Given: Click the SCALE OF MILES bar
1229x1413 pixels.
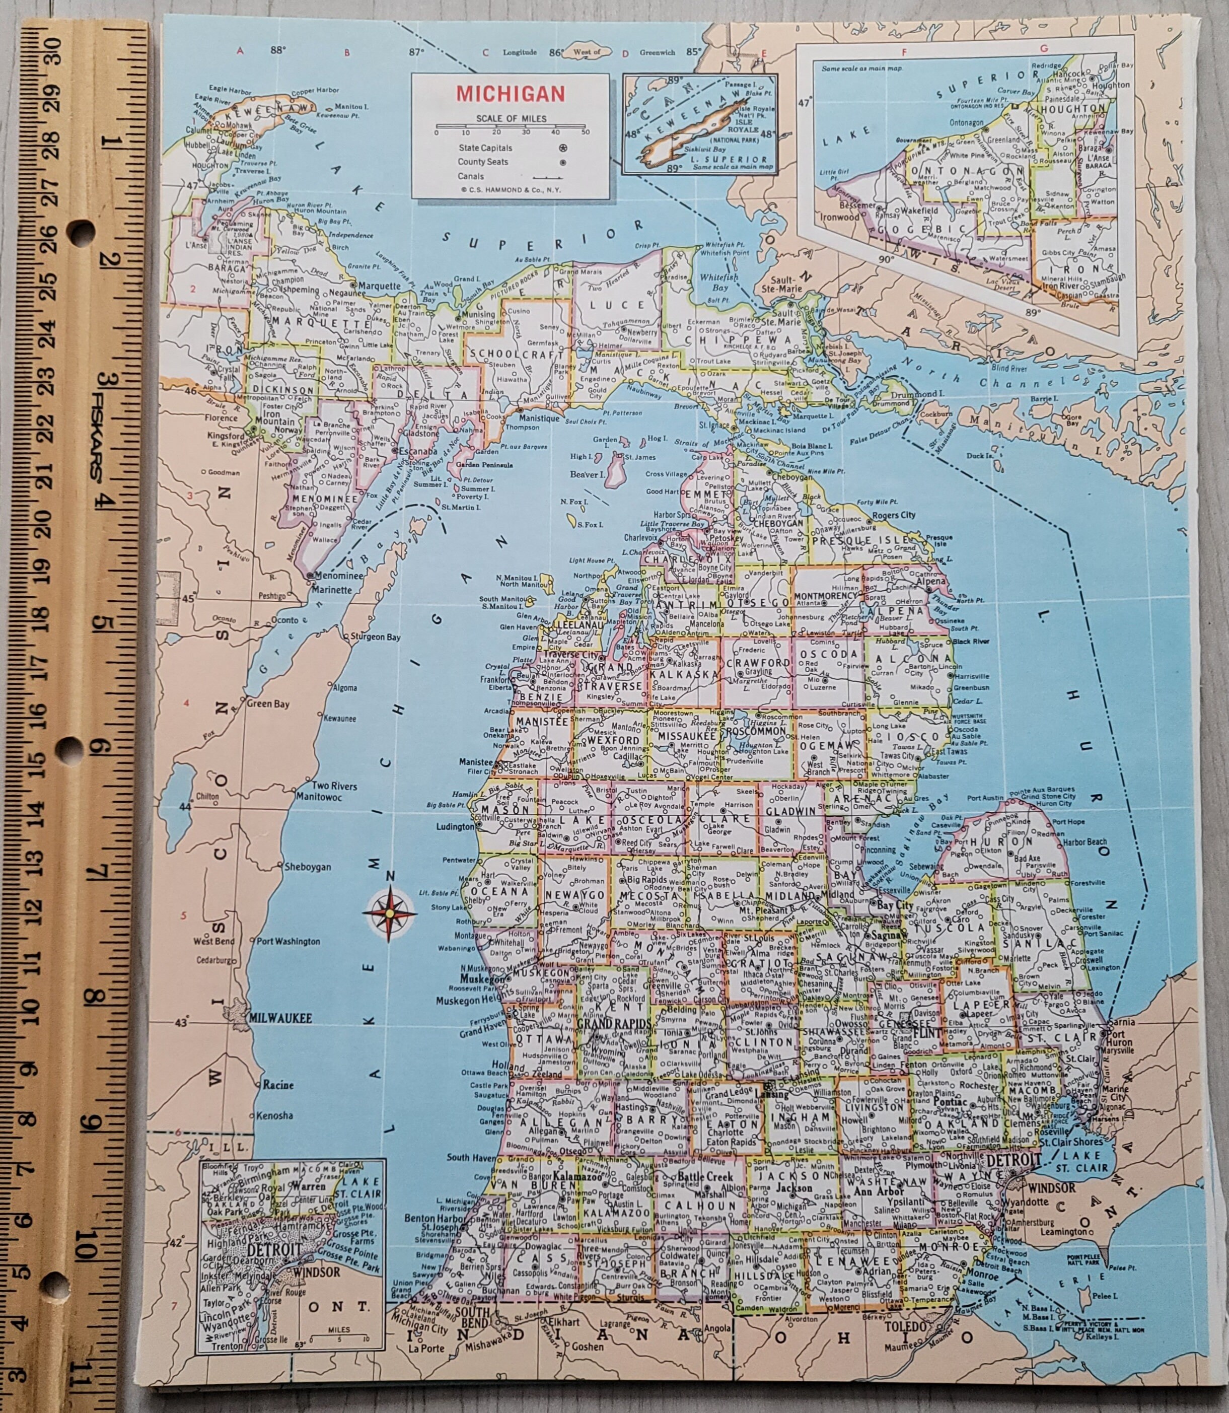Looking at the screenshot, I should [511, 126].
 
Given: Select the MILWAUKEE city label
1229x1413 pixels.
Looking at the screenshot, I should [280, 1018].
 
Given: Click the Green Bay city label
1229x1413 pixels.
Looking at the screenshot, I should [268, 704].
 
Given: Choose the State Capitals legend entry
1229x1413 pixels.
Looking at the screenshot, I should [485, 148].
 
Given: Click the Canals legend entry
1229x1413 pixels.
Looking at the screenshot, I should [471, 176].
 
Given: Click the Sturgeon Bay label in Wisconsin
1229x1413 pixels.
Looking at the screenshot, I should [375, 637].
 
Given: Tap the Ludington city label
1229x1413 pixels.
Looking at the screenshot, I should [455, 826].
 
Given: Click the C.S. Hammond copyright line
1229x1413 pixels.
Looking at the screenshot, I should [511, 190].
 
